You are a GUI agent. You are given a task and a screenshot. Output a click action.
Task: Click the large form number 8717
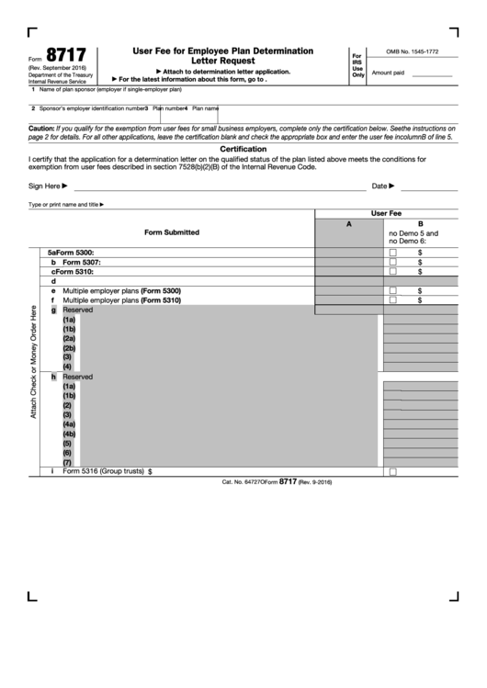53,55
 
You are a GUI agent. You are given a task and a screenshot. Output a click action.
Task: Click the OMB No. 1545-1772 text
412,53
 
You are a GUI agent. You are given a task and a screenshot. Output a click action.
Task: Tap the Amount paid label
388,73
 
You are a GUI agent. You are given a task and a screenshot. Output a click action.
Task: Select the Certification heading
243,148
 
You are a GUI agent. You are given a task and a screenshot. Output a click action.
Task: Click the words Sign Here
45,186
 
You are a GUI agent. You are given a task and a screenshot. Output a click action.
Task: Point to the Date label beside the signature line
379,186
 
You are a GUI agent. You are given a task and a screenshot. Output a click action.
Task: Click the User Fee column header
386,212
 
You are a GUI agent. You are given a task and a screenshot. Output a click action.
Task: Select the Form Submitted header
172,232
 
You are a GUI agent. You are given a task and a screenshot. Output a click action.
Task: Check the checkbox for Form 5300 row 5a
392,252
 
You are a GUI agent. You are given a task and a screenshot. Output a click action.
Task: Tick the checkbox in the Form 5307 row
392,262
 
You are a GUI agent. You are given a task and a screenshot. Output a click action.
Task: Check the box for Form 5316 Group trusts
392,471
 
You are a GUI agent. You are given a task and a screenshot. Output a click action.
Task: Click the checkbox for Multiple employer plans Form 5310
392,299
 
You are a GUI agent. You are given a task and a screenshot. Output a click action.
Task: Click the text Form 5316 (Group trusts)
103,471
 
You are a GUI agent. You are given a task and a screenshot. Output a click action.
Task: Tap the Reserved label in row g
77,310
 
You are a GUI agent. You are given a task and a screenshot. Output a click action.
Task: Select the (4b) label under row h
69,434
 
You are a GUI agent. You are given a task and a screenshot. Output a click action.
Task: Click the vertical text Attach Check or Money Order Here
34,361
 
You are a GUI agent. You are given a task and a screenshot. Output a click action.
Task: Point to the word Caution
41,128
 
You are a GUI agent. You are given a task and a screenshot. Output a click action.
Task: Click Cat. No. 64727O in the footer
243,481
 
